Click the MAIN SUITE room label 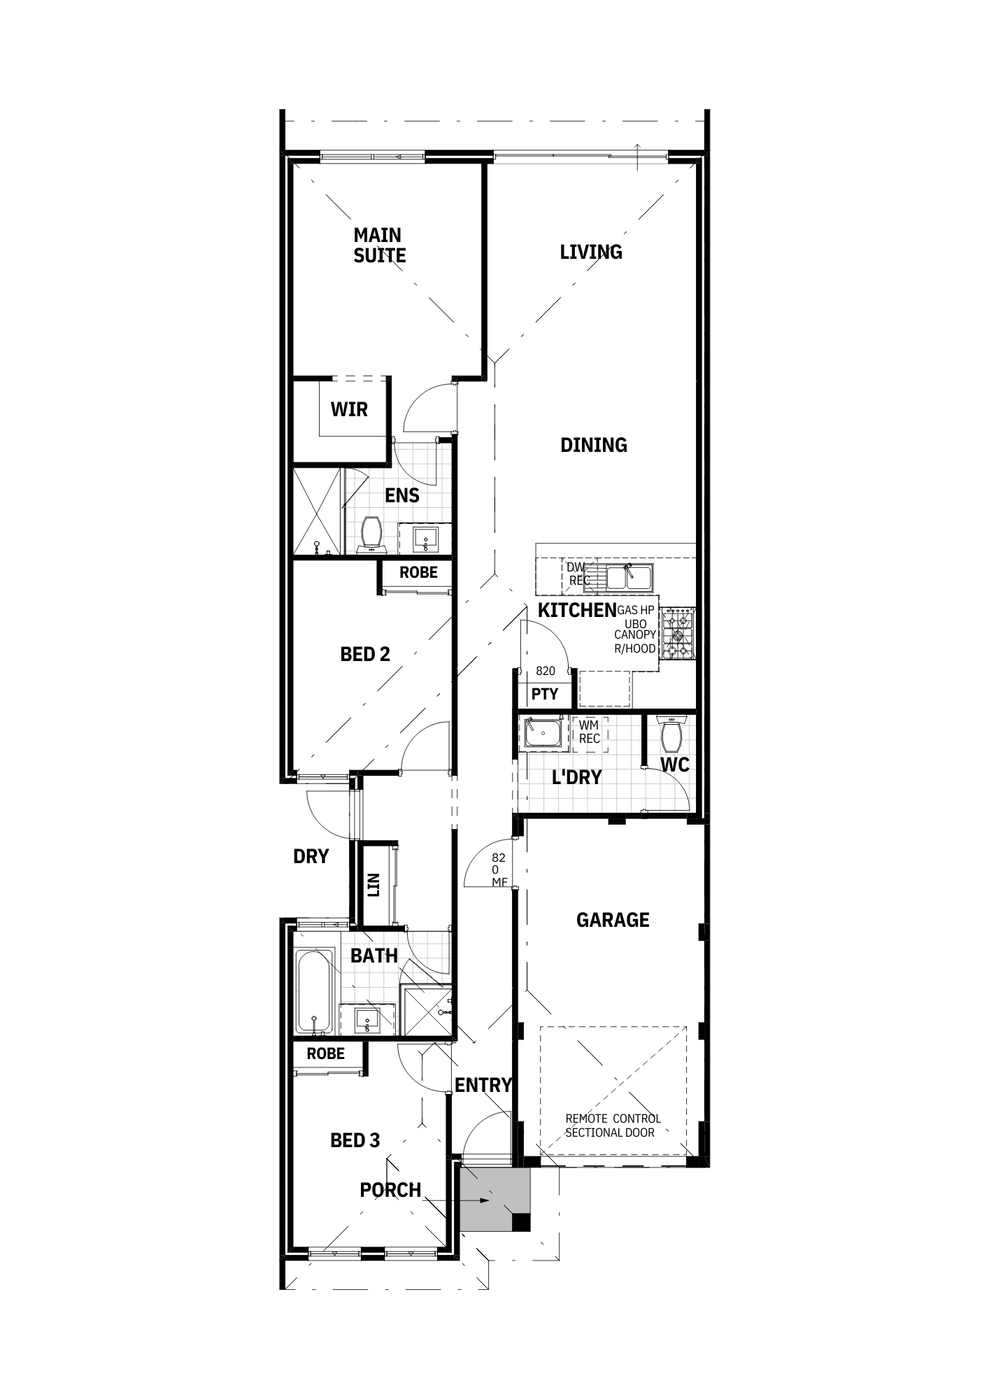tap(379, 246)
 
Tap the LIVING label tap(591, 253)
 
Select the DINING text tap(594, 445)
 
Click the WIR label tap(349, 409)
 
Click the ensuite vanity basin tap(425, 539)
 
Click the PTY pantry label tap(545, 694)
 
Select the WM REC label tap(589, 732)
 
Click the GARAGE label tap(613, 920)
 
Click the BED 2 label tap(365, 655)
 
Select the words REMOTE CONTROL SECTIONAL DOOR tap(612, 1126)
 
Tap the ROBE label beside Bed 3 tap(326, 1053)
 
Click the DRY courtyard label tap(311, 856)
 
